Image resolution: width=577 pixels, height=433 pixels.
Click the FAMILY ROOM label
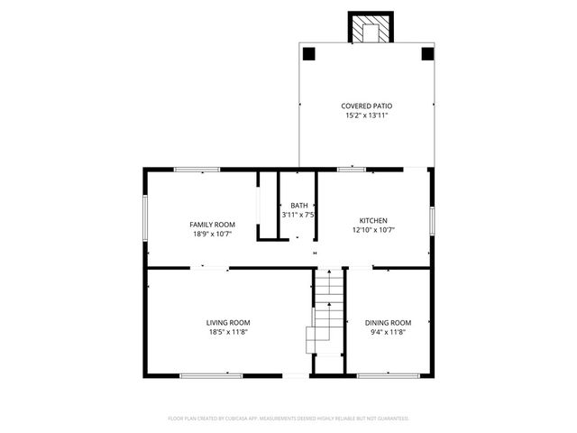212,224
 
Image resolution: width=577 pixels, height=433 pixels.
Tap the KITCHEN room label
373,220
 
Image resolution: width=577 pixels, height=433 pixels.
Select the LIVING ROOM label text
228,322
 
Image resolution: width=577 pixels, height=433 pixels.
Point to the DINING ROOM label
388,322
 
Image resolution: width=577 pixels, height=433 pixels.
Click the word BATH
298,206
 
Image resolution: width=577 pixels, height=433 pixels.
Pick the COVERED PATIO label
366,106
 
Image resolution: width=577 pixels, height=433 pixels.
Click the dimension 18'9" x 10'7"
212,234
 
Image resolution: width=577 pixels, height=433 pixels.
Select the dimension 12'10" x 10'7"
373,230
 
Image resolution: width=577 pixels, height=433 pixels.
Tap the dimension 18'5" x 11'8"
228,332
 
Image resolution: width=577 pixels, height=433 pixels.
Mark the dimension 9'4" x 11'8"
388,332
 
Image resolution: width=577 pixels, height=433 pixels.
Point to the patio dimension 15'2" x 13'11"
366,115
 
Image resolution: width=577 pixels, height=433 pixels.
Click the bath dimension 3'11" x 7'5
298,215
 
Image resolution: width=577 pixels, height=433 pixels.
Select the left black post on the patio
308,53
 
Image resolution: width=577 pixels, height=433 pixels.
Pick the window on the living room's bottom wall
210,374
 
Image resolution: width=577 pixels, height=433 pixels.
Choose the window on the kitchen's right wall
432,219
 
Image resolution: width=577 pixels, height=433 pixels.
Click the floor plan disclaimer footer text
288,419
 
